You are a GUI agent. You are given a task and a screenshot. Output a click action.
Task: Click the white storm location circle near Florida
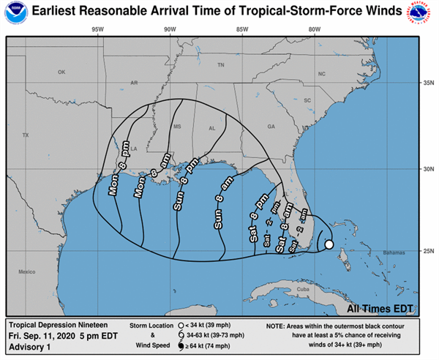(x=329, y=244)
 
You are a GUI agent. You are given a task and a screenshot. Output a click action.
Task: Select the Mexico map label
(x=27, y=272)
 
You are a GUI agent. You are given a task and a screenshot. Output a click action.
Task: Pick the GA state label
(x=271, y=127)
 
